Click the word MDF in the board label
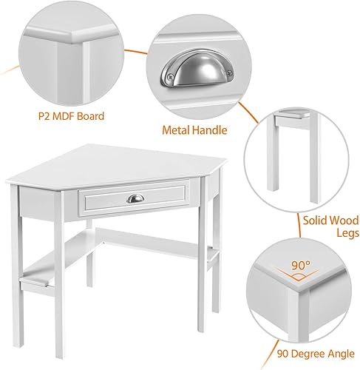coord(63,116)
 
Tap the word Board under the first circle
coord(90,116)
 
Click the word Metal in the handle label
coord(176,130)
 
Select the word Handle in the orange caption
coord(209,130)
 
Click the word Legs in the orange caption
coord(347,233)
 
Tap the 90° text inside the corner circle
coord(301,266)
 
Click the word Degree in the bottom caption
coord(308,354)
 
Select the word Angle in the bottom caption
coord(342,354)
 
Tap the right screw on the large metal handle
coord(229,73)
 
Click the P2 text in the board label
coord(44,116)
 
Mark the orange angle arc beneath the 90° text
coord(299,276)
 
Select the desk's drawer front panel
coord(135,198)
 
